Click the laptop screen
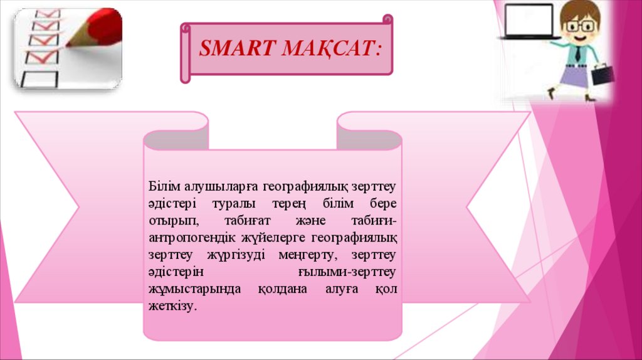[x=529, y=19]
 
